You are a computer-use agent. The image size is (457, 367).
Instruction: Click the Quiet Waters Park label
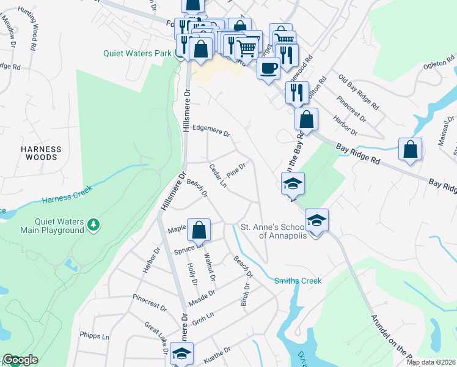coord(137,53)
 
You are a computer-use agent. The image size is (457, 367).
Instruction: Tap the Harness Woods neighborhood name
coord(41,153)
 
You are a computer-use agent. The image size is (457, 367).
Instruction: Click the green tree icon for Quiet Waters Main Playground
coord(93,225)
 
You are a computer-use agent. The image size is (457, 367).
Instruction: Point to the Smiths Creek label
coord(298,281)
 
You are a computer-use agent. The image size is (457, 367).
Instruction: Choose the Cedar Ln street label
coord(218,176)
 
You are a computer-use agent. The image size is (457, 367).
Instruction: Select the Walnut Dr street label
coord(210,267)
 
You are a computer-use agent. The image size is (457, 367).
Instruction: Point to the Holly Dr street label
coord(192,273)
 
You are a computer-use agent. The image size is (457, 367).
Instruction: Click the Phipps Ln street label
coord(94,336)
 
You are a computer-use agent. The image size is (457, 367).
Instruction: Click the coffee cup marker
coord(268,68)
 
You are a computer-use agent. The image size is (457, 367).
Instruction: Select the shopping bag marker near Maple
coord(199,231)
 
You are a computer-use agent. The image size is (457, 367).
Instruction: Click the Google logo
coord(20,360)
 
